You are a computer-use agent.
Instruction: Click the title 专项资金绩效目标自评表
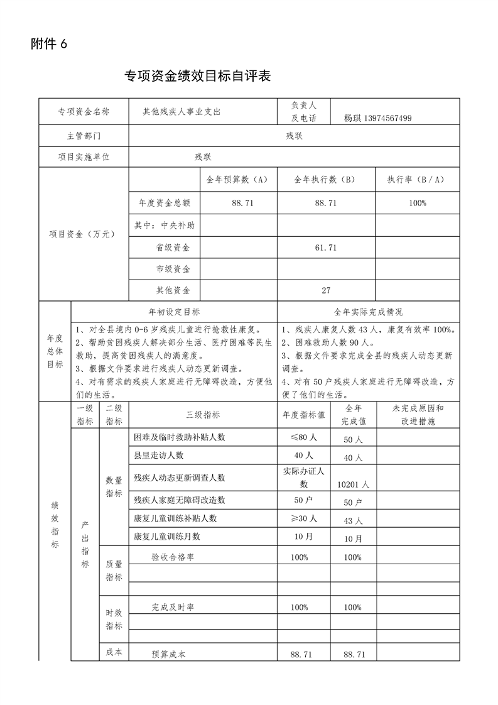[198, 77]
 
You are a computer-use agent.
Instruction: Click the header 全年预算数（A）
[237, 179]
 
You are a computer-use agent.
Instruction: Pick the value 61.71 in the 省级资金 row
[326, 248]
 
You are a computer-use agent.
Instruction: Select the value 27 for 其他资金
[326, 290]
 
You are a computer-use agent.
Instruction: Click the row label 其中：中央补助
[165, 224]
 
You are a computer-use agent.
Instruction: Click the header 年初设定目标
[174, 312]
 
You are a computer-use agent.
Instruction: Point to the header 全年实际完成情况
[369, 312]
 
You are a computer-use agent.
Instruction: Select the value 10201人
[353, 484]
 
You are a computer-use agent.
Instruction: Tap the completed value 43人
[353, 521]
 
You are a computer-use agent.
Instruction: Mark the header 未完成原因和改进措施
[417, 414]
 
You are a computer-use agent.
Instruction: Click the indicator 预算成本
[169, 654]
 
